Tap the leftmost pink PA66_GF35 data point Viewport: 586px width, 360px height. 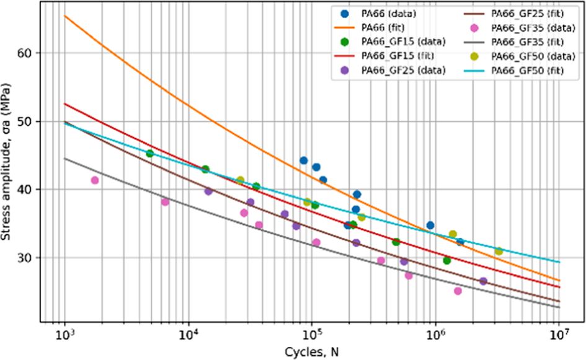[x=95, y=180]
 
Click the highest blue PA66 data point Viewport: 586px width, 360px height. [x=304, y=160]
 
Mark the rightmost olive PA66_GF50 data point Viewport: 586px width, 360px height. [x=499, y=251]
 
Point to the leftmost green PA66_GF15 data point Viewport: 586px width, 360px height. [x=149, y=153]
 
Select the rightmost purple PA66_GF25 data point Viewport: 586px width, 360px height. [x=484, y=281]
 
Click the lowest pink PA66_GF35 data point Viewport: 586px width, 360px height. [x=458, y=291]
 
